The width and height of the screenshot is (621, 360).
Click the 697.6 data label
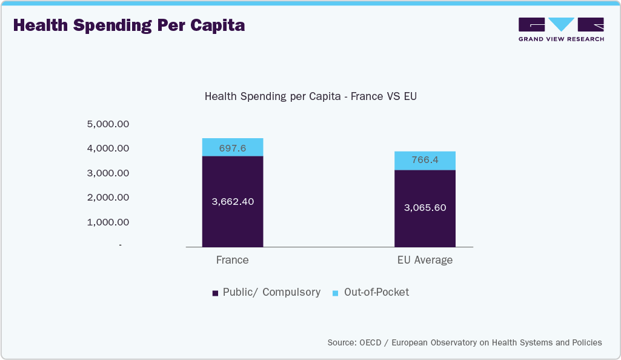click(233, 148)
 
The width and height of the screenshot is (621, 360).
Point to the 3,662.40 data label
click(233, 202)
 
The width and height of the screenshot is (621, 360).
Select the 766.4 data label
click(425, 161)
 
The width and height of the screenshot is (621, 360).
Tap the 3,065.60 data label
click(425, 208)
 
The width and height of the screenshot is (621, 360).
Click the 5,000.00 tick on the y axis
click(108, 124)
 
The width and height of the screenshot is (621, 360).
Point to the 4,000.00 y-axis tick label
click(108, 148)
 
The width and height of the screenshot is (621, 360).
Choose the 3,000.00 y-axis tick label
click(108, 173)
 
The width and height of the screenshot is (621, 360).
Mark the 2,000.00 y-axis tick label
click(108, 198)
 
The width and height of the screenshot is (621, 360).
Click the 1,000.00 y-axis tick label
click(108, 222)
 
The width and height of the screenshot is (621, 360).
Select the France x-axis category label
click(233, 260)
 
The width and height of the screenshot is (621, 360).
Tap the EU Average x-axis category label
click(425, 260)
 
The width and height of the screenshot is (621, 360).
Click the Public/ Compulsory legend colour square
click(215, 293)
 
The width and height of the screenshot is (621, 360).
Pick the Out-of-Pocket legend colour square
click(336, 293)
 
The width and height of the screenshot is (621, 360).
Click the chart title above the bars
click(311, 96)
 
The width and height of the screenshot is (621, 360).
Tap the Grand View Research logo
click(561, 29)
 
